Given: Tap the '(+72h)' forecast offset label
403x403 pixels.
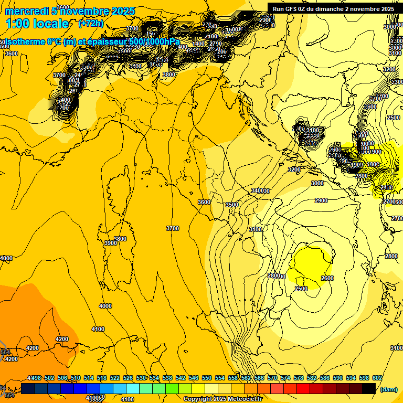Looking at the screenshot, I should coord(91,24).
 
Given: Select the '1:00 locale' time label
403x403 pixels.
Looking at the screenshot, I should coord(37,24).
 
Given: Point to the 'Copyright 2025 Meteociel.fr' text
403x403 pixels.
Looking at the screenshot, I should coord(222,399).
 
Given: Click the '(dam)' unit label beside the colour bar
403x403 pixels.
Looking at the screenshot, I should coord(388,389).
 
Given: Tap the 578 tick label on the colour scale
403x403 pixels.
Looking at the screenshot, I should coord(285,378).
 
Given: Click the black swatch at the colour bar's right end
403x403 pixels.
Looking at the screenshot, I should coord(369,388).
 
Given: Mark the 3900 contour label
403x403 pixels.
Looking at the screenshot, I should coord(110,243).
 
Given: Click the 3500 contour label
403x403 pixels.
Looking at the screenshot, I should coord(231,205).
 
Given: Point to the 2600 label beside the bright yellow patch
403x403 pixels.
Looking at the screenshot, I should coord(327,278).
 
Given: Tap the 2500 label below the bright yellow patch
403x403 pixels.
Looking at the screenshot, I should coord(301,289).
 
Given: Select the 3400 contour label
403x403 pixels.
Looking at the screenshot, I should coord(258,190).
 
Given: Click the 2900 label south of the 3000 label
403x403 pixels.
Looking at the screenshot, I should coord(321,201).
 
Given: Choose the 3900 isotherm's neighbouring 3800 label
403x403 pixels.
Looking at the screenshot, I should coord(120,239).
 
